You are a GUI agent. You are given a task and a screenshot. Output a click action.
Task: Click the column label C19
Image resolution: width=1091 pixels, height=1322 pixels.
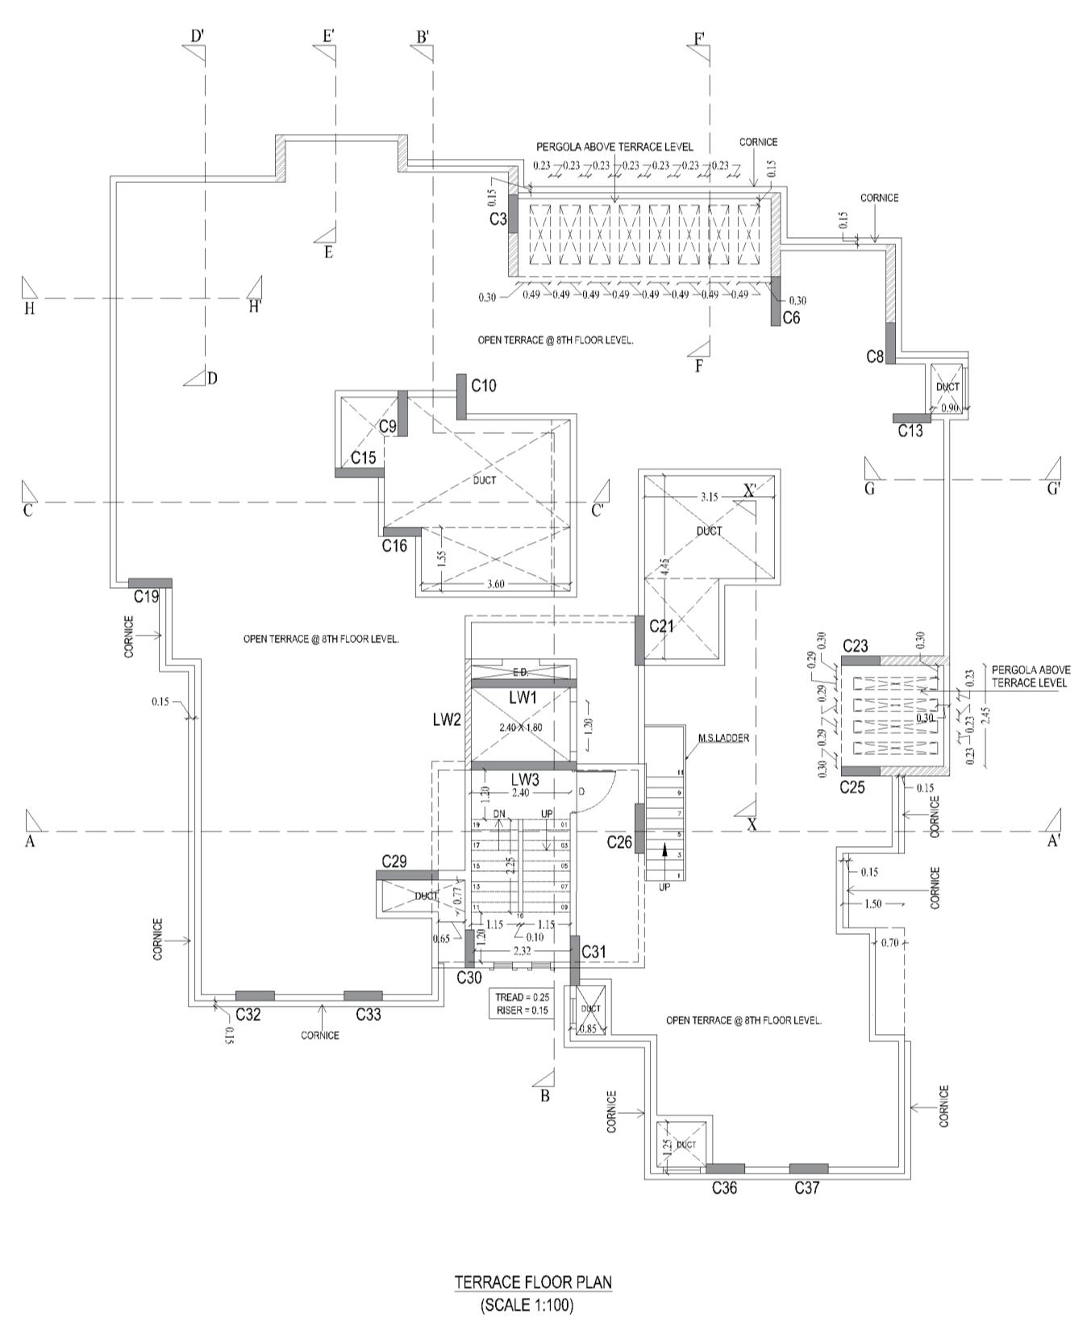146,597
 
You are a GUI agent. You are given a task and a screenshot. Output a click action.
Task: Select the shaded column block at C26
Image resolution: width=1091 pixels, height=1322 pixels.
639,828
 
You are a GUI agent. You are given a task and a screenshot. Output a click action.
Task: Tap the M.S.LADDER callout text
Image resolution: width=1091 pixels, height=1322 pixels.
724,738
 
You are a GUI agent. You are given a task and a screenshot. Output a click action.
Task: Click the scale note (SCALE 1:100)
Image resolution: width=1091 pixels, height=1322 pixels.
527,1304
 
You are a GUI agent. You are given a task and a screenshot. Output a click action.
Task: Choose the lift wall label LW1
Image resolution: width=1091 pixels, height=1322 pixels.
523,697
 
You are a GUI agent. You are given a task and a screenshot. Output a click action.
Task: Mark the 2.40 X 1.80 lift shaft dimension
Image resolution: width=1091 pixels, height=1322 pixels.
520,728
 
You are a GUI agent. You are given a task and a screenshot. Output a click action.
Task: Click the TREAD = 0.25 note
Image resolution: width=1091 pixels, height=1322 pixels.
521,997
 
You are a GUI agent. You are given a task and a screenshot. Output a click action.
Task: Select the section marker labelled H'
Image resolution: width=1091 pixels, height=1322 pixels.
255,306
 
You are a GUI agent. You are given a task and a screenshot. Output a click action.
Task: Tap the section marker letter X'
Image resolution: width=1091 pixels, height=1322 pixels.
750,490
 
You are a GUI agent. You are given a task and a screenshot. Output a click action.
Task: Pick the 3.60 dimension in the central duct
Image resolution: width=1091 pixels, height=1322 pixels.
495,585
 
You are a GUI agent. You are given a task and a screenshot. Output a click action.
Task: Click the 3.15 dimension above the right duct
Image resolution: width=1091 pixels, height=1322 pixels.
709,497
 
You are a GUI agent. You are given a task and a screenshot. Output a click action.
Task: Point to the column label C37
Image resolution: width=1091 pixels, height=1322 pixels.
807,1187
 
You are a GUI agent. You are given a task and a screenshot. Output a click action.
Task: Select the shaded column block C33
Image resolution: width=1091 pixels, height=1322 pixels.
363,995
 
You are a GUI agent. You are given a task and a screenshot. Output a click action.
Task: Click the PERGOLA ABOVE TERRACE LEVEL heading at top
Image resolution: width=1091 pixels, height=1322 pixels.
614,147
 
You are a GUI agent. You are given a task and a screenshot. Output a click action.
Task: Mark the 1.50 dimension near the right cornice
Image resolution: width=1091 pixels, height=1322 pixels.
872,904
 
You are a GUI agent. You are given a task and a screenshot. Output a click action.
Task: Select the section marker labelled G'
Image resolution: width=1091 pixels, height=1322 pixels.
1053,488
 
